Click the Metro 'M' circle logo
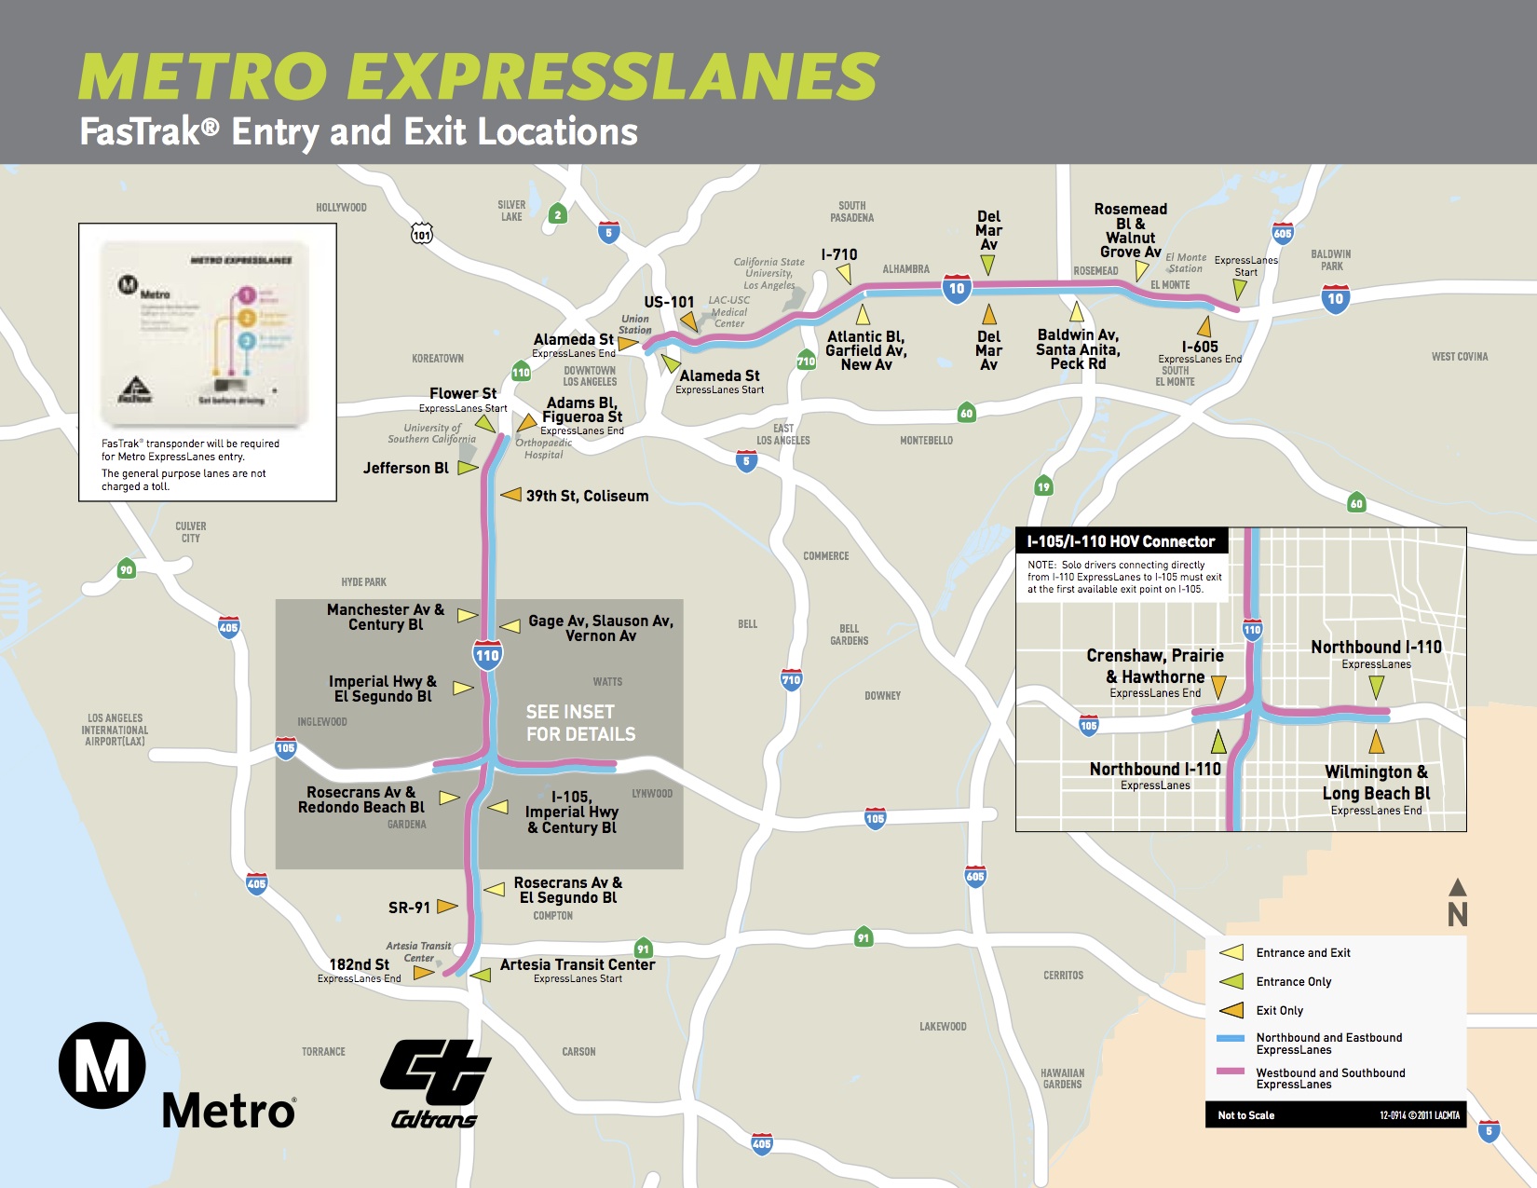tap(102, 1065)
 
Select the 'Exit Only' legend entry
tap(1279, 1011)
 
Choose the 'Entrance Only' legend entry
tap(1293, 982)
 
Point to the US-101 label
tap(669, 302)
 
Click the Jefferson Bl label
tap(405, 468)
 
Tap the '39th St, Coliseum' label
tap(587, 496)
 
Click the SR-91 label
tap(409, 908)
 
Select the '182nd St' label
tap(359, 964)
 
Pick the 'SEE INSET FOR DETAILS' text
tap(580, 723)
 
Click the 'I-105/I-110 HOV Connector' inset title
tap(1121, 541)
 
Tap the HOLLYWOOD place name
tap(341, 208)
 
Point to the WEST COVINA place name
tap(1459, 357)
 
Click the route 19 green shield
tap(1043, 486)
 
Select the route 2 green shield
tap(558, 215)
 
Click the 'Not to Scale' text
tap(1245, 1115)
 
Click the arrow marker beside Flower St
tap(485, 425)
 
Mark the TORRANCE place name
tap(323, 1052)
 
